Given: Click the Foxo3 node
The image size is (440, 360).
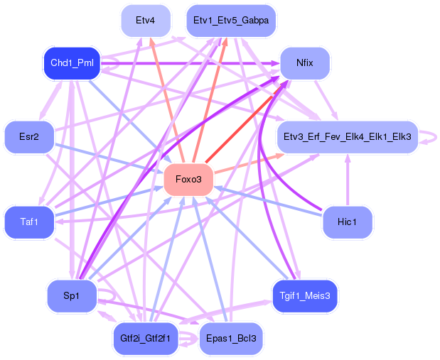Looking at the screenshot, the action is (x=188, y=180).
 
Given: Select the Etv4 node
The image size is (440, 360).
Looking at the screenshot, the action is (x=146, y=21).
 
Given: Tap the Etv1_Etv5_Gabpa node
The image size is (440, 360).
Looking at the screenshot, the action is (x=231, y=21).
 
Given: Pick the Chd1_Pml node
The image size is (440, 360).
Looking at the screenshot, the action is (x=72, y=63).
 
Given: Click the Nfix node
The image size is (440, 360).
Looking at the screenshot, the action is (x=305, y=63).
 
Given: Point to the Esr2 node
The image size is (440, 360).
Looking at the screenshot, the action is (x=29, y=137).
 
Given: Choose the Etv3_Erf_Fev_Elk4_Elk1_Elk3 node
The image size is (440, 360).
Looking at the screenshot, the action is (x=348, y=137).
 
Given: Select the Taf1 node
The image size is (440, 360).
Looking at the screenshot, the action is (x=29, y=222).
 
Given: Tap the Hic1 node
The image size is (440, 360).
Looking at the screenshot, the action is (x=348, y=222).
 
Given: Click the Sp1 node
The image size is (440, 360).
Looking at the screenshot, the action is (x=72, y=296).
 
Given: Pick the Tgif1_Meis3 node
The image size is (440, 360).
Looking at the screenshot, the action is (x=305, y=296).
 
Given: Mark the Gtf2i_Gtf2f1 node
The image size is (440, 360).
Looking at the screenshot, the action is (x=146, y=339).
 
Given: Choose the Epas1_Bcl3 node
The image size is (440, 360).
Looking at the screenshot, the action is (x=231, y=339).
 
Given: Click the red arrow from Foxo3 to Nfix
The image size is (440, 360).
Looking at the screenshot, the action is (x=247, y=122).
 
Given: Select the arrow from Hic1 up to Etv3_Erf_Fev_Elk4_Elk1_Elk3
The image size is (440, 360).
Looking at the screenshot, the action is (x=348, y=180).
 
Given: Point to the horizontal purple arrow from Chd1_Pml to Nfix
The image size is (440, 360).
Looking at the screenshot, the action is (x=191, y=64).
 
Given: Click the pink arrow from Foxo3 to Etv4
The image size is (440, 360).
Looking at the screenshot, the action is (x=167, y=100).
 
